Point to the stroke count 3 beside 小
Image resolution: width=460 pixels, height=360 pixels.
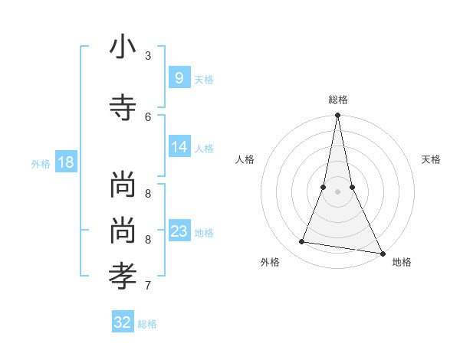pos(148,55)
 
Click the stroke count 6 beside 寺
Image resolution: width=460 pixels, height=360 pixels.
pos(148,116)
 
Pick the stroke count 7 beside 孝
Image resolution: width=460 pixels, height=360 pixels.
pos(148,286)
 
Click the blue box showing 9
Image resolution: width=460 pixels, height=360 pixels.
pos(179,78)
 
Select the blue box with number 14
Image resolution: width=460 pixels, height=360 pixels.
pos(179,147)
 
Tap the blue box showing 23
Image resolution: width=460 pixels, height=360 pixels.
pos(179,231)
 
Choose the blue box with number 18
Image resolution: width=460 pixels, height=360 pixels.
pos(65,162)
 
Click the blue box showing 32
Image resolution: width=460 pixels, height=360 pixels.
pos(122,322)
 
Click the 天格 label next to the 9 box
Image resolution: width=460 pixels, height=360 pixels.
pos(204,79)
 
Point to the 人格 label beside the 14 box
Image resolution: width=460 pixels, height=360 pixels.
pos(204,148)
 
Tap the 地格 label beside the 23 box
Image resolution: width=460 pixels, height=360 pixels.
pos(204,232)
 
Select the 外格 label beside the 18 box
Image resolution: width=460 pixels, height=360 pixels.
pos(41,163)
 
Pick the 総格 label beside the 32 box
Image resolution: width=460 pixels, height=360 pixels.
pos(147,323)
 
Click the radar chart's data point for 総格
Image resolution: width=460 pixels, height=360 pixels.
pos(337,116)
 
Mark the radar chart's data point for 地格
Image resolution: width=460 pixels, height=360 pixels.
pos(382,253)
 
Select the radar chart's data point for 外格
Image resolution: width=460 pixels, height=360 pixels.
pos(302,242)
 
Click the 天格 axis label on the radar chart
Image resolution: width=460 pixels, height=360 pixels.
pos(431,159)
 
